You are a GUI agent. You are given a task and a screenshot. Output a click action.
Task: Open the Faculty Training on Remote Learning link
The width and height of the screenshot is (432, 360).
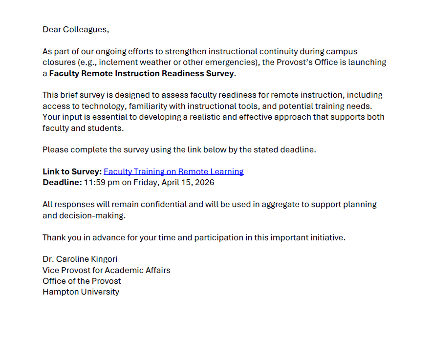173,171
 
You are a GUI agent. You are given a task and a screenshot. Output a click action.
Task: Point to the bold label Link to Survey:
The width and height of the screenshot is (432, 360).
72,171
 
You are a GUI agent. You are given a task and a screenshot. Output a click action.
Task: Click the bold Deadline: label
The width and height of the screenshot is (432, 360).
62,183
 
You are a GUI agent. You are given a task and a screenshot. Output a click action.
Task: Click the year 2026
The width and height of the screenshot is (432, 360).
204,183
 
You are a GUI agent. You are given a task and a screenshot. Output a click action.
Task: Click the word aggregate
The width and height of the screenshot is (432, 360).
280,204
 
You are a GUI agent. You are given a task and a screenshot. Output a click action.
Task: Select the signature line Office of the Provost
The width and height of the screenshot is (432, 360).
82,281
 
